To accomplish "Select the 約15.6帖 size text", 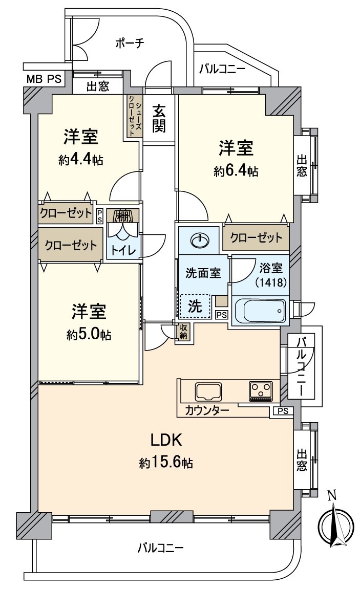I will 166,463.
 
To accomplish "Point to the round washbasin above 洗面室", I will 199,239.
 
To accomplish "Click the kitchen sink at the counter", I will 208,392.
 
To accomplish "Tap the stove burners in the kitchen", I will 261,391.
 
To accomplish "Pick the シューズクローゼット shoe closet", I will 134,116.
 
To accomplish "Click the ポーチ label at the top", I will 129,43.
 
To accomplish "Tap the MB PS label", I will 43,79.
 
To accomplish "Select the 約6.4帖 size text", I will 236,172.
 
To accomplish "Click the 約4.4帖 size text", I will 81,160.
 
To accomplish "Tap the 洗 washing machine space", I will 195,306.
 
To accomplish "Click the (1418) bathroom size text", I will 271,281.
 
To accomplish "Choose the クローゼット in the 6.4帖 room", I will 256,237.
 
